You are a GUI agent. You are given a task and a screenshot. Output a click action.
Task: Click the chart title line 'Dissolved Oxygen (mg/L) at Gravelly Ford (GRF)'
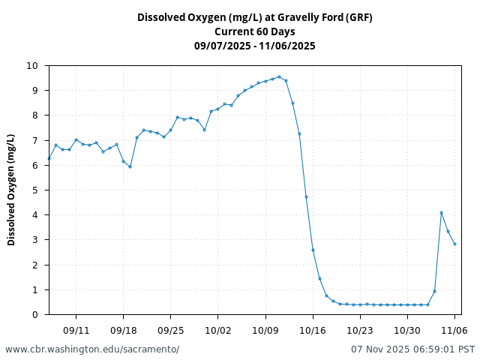pos(254,17)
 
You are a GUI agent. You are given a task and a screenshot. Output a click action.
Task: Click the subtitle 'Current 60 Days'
pos(254,31)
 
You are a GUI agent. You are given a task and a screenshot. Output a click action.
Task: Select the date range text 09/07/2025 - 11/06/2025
pos(254,46)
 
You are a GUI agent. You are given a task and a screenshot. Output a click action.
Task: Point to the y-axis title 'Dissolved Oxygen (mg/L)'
pos(11,190)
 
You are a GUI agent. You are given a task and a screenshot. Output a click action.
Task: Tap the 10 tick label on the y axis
pos(32,66)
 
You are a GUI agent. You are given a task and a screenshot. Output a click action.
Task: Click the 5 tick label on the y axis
pos(35,190)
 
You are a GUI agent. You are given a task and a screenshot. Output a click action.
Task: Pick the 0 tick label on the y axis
pos(35,315)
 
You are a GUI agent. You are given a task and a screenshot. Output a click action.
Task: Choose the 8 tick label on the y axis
pos(35,115)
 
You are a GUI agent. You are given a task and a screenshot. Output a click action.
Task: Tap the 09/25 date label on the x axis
pos(170,330)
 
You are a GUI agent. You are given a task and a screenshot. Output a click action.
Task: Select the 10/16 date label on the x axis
pos(313,330)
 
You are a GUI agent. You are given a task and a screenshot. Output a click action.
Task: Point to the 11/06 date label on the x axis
pos(454,330)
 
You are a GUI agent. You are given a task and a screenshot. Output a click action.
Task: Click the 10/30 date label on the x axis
pos(407,330)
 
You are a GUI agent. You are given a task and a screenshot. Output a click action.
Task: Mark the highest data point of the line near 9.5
pos(279,76)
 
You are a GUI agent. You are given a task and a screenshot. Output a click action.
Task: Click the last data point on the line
pos(454,244)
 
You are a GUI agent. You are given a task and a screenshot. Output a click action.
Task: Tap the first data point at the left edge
pos(49,158)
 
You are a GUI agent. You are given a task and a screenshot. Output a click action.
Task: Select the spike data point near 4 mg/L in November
pos(441,212)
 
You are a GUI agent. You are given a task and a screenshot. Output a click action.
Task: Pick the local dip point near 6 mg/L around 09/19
pos(130,166)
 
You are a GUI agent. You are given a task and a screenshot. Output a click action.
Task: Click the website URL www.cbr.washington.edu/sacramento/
pos(92,349)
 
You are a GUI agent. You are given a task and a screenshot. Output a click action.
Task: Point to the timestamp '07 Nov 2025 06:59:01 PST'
pos(412,349)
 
